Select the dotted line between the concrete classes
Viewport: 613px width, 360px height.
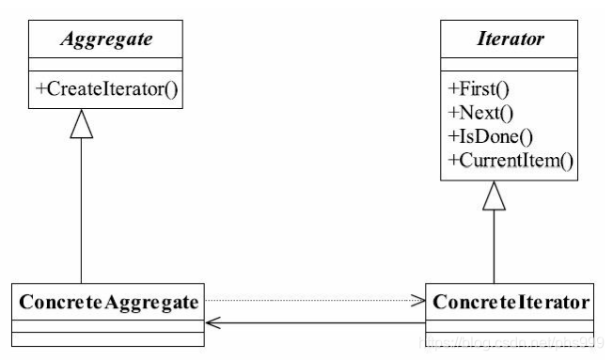click(x=310, y=301)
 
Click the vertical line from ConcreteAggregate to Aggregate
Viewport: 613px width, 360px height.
click(x=82, y=216)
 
